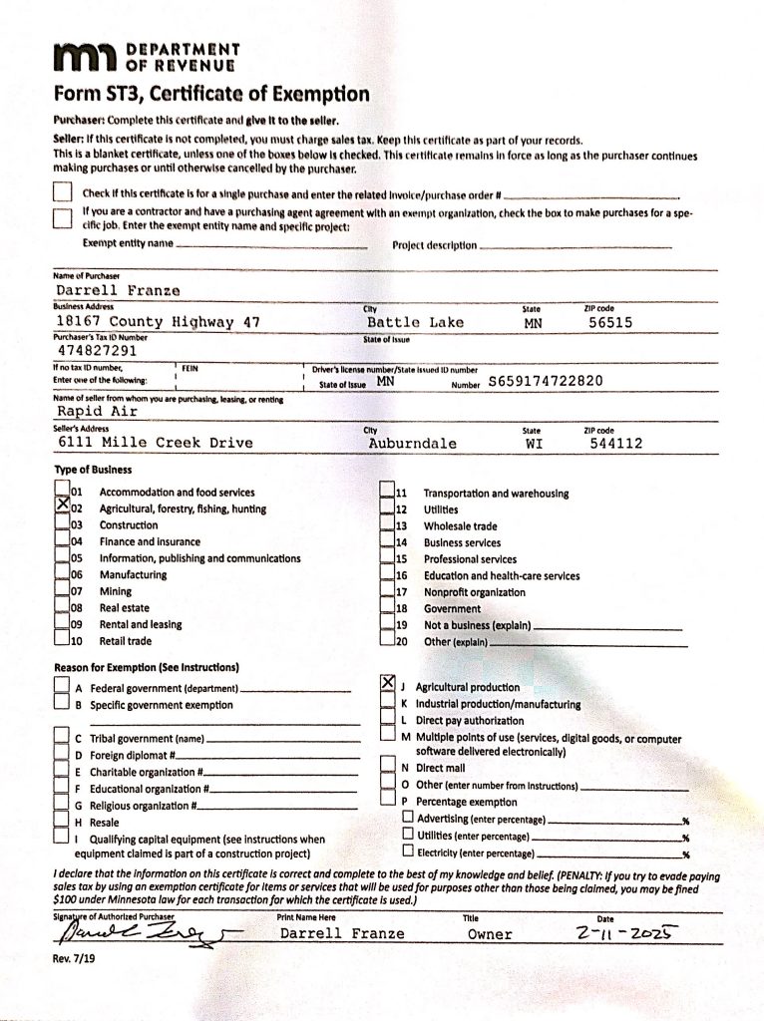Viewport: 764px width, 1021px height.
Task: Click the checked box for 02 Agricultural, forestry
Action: [62, 508]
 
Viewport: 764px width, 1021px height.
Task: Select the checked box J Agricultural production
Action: [389, 685]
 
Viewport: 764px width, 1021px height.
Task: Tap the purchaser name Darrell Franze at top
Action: [104, 290]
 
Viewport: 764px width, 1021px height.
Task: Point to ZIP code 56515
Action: [609, 322]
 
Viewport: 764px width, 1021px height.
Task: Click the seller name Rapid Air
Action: [93, 411]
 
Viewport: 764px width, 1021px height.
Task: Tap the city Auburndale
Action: [412, 443]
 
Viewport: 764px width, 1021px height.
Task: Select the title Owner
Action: [490, 934]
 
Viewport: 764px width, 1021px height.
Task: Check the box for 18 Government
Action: [389, 607]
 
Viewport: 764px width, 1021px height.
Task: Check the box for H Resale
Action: [62, 822]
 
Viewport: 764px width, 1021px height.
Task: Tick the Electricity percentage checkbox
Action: [407, 852]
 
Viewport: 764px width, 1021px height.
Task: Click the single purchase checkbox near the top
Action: [63, 192]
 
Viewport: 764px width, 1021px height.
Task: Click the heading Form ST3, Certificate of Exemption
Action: [211, 95]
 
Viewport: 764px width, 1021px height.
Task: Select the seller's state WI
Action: [533, 443]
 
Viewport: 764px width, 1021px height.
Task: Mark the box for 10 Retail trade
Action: [62, 640]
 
